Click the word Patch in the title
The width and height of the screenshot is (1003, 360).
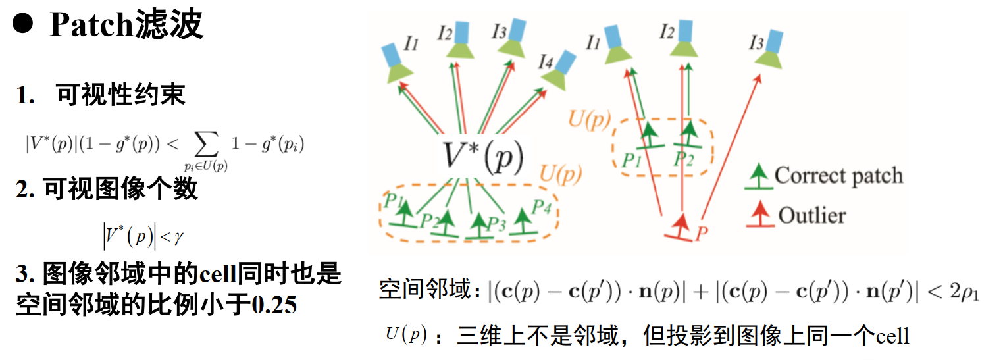93,26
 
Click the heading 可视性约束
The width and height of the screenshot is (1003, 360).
121,95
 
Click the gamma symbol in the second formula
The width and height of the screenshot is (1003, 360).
178,235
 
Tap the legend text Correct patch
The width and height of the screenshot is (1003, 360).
838,176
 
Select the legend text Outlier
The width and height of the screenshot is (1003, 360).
811,215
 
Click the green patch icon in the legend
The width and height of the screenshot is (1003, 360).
760,177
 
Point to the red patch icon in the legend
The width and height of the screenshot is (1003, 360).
760,215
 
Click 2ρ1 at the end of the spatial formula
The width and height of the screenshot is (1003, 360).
964,293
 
